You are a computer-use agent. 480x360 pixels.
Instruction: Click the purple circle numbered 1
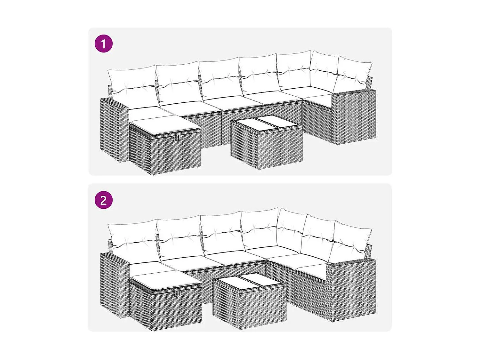(x=104, y=44)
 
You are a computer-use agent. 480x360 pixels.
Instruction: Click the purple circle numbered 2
(x=104, y=200)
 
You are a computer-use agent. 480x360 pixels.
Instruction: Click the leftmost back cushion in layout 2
(x=132, y=242)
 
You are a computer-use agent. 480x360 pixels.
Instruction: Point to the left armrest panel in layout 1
(x=114, y=130)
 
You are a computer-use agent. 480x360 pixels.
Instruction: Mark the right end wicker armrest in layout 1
(x=354, y=117)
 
